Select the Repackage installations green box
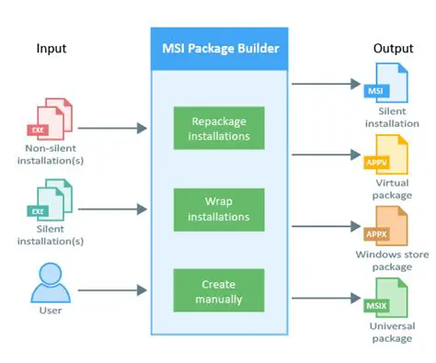coord(218,128)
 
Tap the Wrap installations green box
coord(218,208)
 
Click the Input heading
coord(52,48)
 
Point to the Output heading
coord(393,48)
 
